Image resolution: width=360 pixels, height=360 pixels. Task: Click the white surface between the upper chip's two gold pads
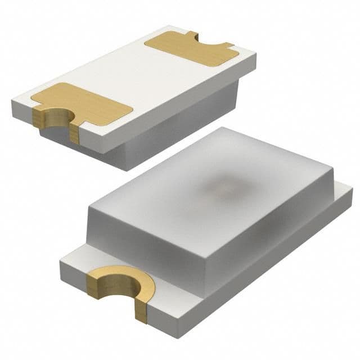pyautogui.click(x=135, y=76)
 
